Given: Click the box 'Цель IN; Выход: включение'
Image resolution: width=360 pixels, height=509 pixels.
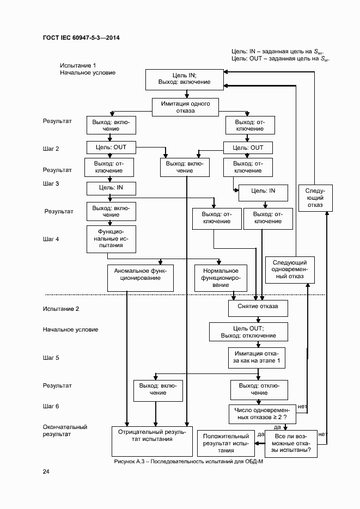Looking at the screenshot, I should pos(184,79).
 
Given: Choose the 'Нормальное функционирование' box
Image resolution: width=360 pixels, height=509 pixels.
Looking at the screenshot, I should pos(220,278).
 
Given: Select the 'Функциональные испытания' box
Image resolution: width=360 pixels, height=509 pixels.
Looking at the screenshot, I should pos(111,238).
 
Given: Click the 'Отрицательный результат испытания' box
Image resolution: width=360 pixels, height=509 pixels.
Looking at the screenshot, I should pos(152,441).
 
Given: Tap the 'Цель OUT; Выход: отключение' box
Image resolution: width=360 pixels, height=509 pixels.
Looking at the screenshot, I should pos(248,332).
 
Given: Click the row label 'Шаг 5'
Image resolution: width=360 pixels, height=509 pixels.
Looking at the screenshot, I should pos(51,358).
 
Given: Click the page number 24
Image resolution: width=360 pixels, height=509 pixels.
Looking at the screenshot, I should pos(46,471).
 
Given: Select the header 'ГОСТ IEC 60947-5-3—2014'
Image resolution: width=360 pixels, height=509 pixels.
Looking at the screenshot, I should pos(81,38).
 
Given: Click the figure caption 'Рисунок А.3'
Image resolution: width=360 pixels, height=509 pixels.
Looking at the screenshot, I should pos(185,461).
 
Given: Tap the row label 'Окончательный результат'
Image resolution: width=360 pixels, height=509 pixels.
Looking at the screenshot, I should pos(65,431).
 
